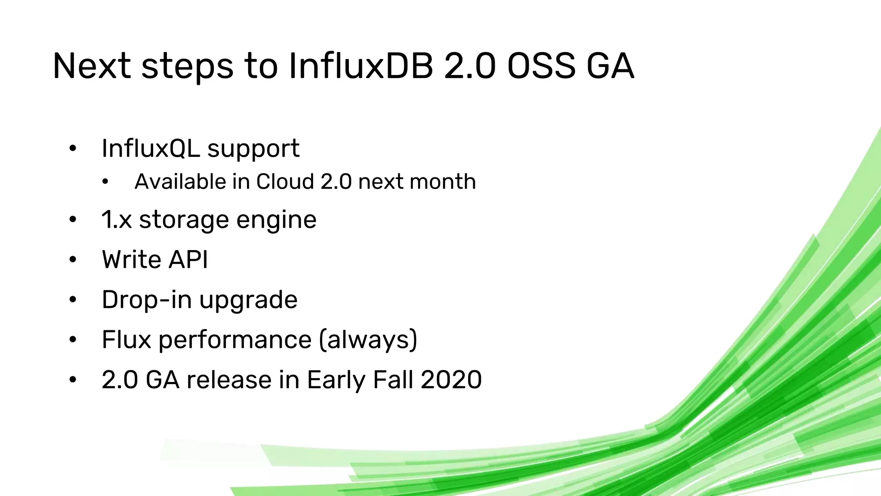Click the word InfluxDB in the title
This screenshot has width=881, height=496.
tap(360, 66)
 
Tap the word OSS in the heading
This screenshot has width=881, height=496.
tap(541, 66)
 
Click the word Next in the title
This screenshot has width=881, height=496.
tap(92, 66)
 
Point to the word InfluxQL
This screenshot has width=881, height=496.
tap(150, 149)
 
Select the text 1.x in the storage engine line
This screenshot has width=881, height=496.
tap(117, 220)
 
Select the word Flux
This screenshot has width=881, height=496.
tap(126, 339)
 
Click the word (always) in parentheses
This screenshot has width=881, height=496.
tap(368, 340)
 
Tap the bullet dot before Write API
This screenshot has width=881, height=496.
tap(73, 260)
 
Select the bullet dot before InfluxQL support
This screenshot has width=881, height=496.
tap(73, 149)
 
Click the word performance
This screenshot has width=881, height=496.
tap(235, 340)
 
